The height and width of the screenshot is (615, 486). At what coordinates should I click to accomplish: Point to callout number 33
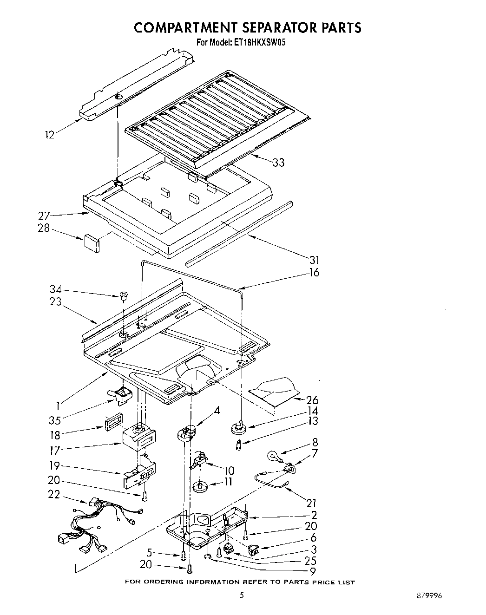point(279,163)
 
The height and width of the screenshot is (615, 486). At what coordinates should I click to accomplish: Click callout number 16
point(315,273)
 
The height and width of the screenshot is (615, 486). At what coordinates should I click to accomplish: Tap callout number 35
point(55,420)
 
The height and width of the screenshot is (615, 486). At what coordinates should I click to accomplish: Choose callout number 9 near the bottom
point(313,572)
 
